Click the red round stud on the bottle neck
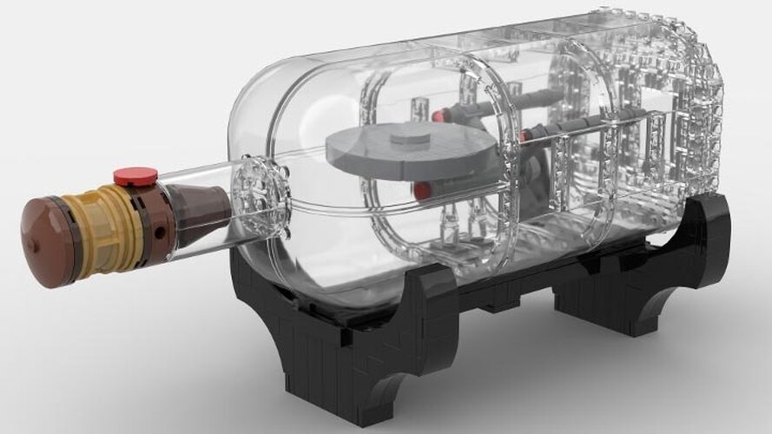point(135,177)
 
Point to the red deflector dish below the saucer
point(422,190)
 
